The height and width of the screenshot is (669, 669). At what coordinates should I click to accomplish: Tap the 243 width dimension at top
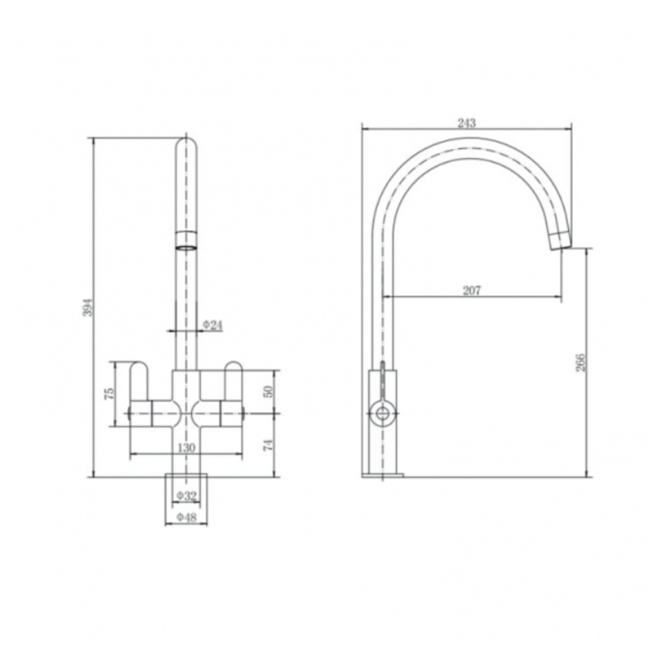467,123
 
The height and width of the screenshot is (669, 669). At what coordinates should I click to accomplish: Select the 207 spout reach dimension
472,290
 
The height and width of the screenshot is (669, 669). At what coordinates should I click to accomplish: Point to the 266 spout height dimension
580,362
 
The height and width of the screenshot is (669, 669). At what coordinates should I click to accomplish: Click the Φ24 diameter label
212,325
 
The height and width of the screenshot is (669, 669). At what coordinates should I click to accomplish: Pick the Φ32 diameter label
187,495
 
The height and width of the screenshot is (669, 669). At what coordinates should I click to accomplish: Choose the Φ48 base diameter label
187,517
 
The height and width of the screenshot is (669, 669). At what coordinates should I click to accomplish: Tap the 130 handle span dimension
186,448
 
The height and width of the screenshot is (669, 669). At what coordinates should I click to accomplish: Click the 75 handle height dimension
110,392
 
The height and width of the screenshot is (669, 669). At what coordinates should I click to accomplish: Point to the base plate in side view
382,475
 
